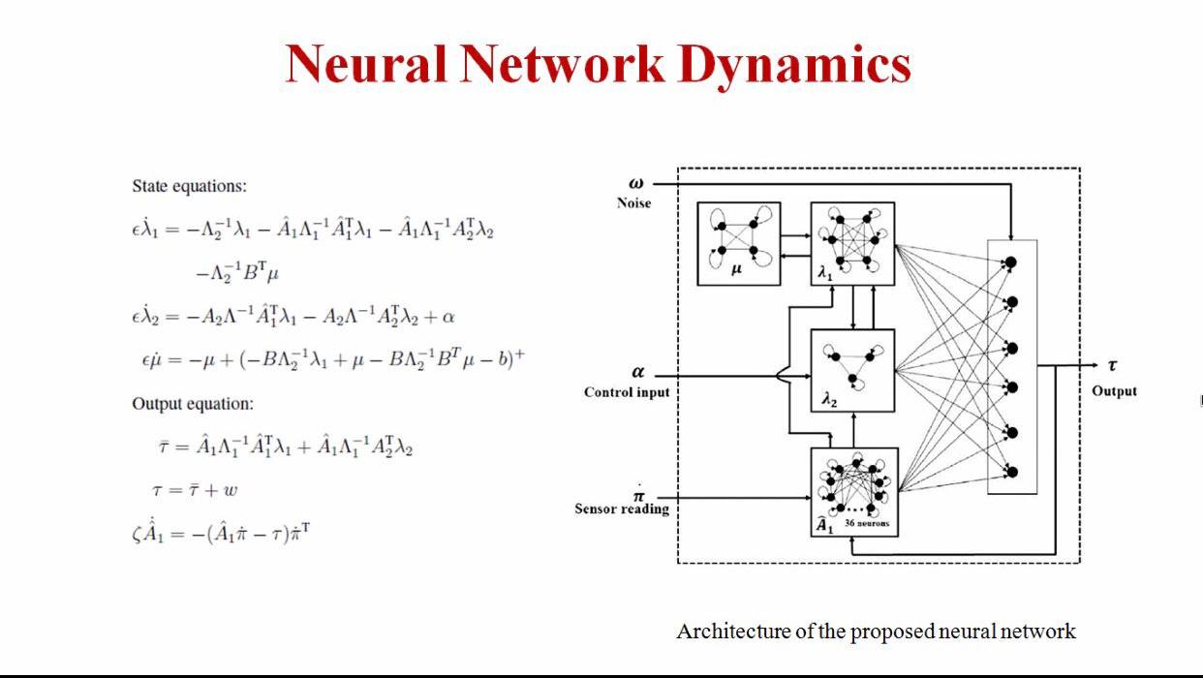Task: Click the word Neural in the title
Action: click(365, 65)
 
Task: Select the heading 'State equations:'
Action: click(189, 186)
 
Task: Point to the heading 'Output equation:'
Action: click(193, 404)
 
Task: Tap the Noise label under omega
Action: click(633, 203)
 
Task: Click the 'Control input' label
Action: click(627, 392)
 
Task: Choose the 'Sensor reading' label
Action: click(622, 508)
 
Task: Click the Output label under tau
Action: click(1114, 391)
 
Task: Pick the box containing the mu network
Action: click(738, 243)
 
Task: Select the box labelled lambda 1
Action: click(852, 243)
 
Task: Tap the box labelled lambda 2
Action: click(852, 370)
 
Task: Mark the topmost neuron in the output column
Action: click(1010, 262)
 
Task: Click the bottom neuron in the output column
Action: click(1012, 473)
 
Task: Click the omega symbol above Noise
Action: click(635, 183)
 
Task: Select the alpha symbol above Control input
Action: click(637, 372)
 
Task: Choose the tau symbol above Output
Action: click(1112, 366)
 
